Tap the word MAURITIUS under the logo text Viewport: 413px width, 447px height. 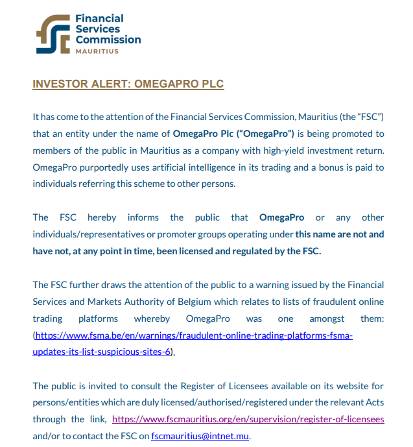coord(97,51)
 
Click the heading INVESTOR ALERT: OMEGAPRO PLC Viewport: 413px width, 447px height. coord(128,84)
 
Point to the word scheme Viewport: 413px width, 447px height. coord(178,184)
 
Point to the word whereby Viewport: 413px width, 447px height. coord(152,319)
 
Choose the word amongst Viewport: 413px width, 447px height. coord(327,319)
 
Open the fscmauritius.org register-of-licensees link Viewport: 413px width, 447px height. coord(248,419)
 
